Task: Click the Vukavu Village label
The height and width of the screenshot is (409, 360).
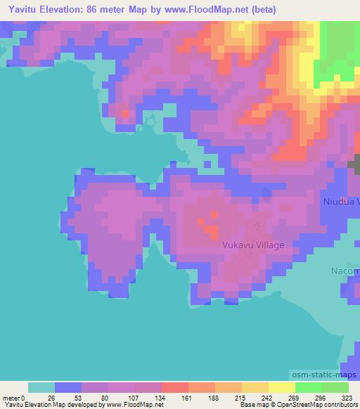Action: [253, 245]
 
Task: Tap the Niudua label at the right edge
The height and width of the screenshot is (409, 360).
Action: [341, 202]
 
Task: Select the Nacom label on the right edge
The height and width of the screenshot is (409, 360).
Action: [345, 271]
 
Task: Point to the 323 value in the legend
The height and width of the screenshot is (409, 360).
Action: [347, 397]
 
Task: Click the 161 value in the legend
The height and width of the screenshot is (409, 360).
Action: [161, 397]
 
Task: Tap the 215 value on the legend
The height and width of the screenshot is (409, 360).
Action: [214, 397]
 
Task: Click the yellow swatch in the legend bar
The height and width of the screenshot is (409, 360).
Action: [281, 387]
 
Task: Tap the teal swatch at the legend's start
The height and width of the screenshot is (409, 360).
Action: [41, 387]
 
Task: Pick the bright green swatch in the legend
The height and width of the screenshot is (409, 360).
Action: [308, 387]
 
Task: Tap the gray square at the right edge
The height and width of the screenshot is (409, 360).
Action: [354, 164]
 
